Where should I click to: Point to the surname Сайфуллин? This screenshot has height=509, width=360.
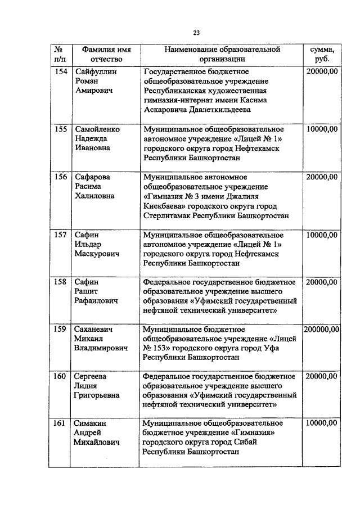(95, 71)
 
